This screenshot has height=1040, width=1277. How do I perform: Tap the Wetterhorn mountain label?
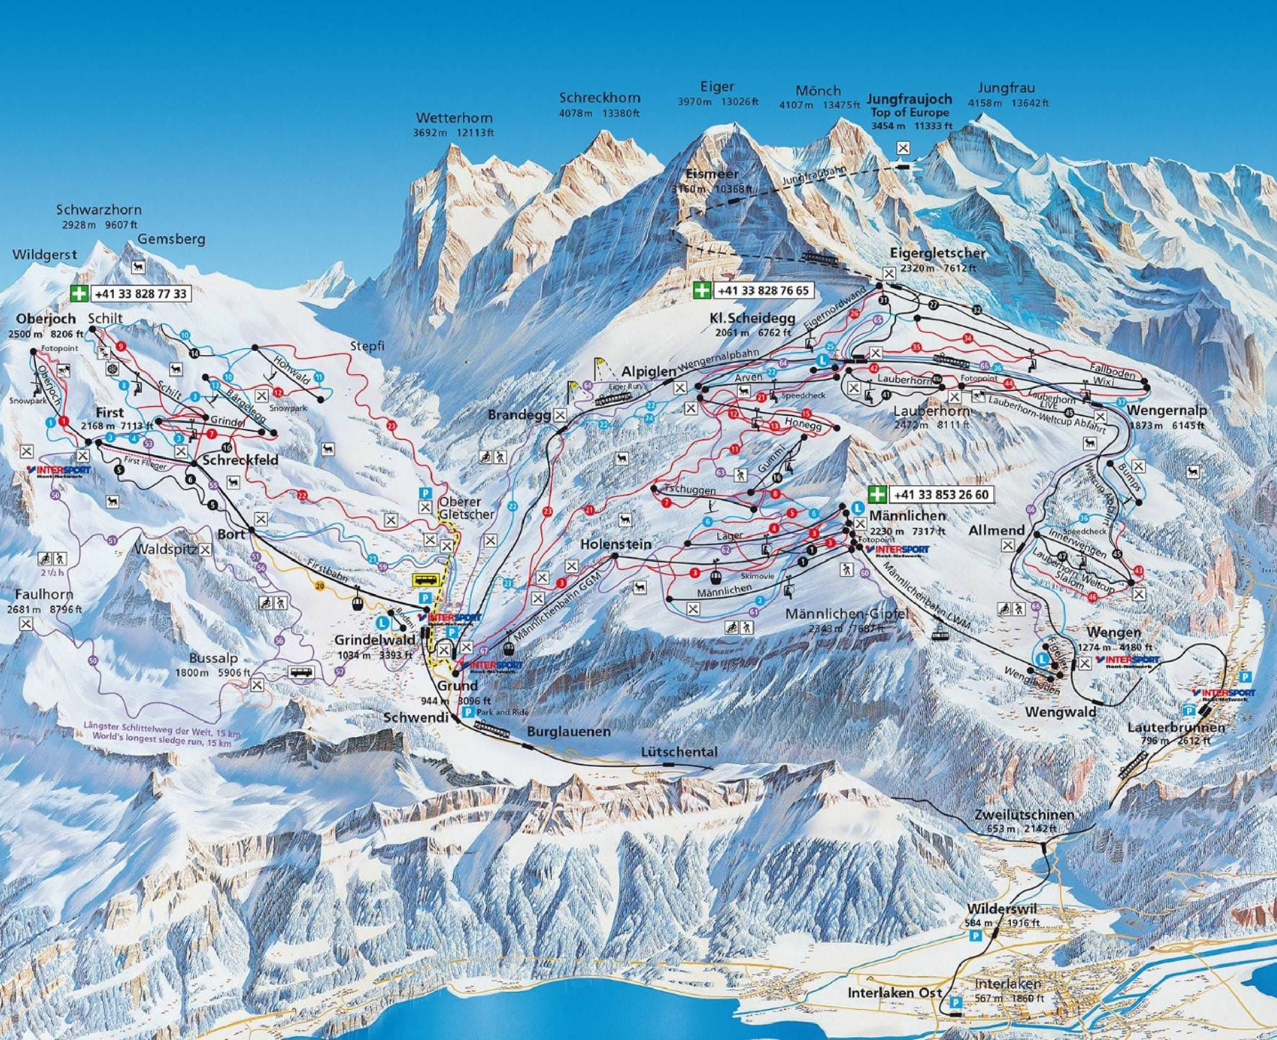(455, 118)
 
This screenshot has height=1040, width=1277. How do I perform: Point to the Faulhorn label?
(41, 594)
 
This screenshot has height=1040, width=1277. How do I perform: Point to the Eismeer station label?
(712, 174)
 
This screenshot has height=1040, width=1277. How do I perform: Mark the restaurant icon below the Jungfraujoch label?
(903, 147)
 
